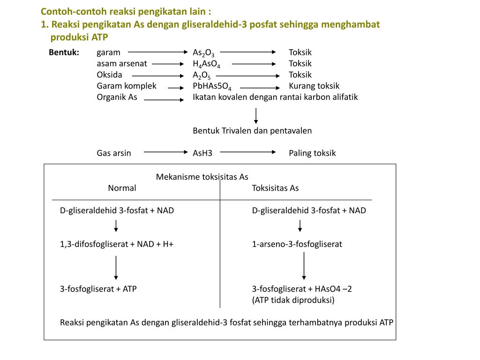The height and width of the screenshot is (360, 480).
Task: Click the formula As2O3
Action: click(x=203, y=53)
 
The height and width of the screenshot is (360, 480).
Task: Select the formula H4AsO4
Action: click(x=206, y=64)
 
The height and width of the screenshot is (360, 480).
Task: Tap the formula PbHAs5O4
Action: click(x=212, y=87)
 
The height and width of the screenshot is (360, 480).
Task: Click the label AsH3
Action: click(x=202, y=153)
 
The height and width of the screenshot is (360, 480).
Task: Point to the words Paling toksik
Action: click(x=312, y=153)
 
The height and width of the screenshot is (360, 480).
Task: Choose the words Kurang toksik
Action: click(x=314, y=86)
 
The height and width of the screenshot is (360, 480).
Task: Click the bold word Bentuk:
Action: click(x=64, y=52)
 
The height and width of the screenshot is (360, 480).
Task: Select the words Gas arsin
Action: click(x=114, y=153)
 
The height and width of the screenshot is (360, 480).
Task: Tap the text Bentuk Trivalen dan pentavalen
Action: click(x=252, y=131)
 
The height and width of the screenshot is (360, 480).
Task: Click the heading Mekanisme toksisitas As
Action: click(x=202, y=177)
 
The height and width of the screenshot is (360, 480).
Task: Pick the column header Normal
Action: click(x=122, y=188)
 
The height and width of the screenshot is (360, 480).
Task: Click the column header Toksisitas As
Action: click(x=275, y=188)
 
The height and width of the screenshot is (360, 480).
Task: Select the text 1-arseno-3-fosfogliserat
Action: click(x=297, y=244)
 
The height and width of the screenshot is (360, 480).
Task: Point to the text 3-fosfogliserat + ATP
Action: click(x=98, y=289)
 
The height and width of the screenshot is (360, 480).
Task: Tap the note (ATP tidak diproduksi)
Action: click(x=293, y=300)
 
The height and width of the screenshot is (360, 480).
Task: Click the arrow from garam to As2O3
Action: click(x=157, y=52)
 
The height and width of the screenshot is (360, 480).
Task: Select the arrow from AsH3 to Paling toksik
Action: click(x=248, y=152)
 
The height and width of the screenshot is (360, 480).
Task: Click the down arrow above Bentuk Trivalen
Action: click(x=256, y=115)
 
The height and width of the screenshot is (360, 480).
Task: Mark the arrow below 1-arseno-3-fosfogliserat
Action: click(x=304, y=266)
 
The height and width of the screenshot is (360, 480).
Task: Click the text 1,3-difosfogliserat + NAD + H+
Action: click(x=117, y=244)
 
